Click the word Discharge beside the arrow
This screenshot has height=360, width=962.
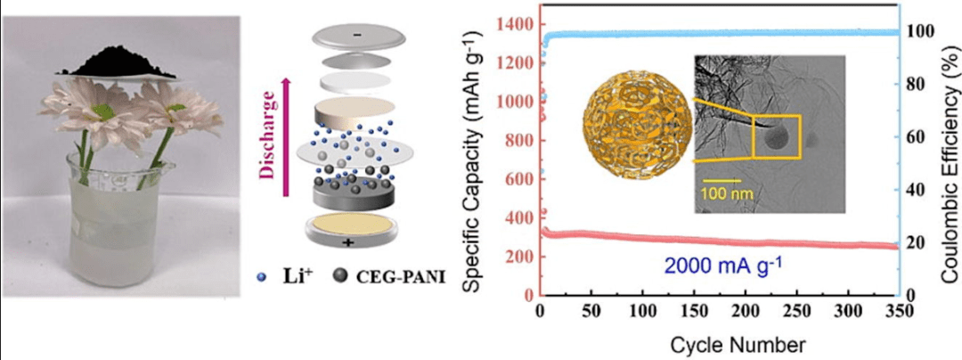coord(268,142)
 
